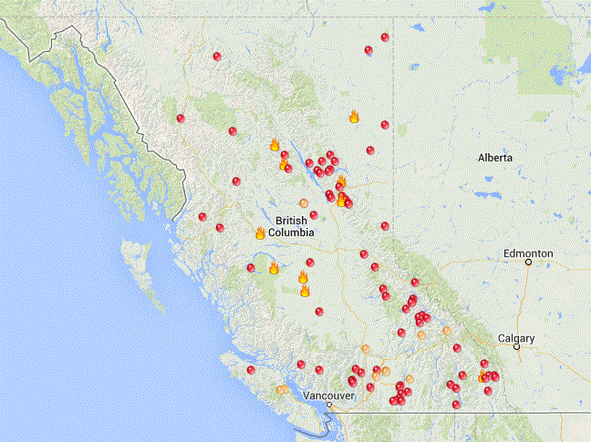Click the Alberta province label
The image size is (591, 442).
[x=495, y=158]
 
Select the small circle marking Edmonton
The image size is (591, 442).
[x=529, y=262]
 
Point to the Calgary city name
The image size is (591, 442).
[x=516, y=337]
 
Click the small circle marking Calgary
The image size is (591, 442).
[x=516, y=347]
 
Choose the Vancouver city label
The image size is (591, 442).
[x=329, y=396]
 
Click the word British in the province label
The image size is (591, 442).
[x=292, y=220]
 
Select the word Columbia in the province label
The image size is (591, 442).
[x=291, y=232]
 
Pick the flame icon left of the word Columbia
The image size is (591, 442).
[x=260, y=233]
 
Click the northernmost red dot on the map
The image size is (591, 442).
[x=385, y=37]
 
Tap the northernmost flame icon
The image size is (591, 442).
[x=354, y=116]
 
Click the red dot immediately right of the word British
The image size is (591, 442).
[x=314, y=215]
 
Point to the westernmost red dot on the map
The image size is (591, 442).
[x=181, y=118]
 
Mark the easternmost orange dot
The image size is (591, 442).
[x=448, y=331]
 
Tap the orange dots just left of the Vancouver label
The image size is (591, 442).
[x=284, y=389]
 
